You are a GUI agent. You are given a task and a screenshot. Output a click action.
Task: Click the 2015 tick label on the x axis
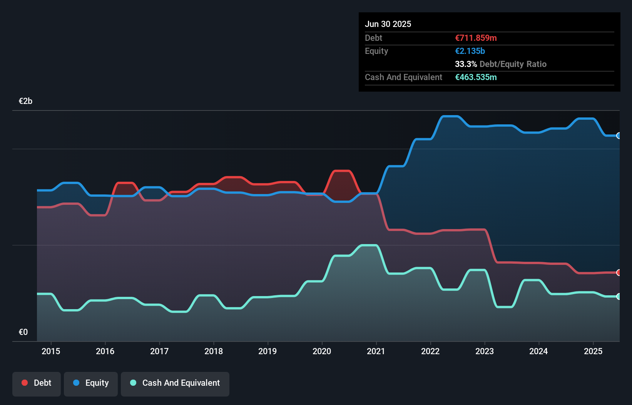pyautogui.click(x=51, y=351)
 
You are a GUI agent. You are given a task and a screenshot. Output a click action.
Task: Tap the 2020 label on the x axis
pyautogui.click(x=322, y=351)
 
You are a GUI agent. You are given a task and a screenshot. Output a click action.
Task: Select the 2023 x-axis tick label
pyautogui.click(x=484, y=351)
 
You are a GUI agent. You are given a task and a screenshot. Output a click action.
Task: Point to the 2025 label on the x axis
pyautogui.click(x=593, y=351)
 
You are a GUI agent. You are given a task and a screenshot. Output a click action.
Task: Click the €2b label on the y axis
pyautogui.click(x=25, y=101)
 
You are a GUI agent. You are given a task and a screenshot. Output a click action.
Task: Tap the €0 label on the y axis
pyautogui.click(x=23, y=332)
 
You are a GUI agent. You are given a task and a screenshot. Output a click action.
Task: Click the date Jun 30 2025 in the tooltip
pyautogui.click(x=388, y=24)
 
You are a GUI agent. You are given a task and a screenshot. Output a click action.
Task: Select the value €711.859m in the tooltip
pyautogui.click(x=476, y=38)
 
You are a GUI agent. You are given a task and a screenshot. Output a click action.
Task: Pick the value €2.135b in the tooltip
pyautogui.click(x=470, y=51)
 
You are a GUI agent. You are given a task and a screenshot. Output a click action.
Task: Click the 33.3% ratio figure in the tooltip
pyautogui.click(x=466, y=64)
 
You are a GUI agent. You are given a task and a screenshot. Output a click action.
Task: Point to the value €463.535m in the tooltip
pyautogui.click(x=476, y=77)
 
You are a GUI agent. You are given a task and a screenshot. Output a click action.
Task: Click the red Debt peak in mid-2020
pyautogui.click(x=342, y=171)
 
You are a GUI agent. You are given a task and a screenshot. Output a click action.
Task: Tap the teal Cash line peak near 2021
pyautogui.click(x=369, y=245)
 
